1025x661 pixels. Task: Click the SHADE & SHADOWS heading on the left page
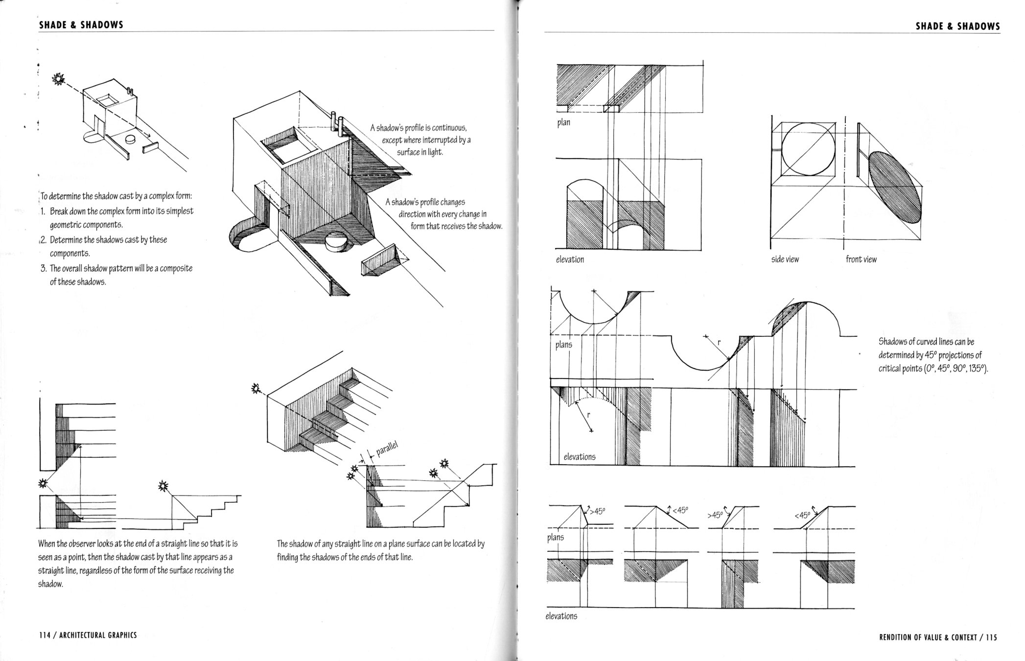tap(81, 25)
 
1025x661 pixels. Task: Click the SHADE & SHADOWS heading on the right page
tap(957, 26)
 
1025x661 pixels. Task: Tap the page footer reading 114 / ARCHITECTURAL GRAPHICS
tap(88, 635)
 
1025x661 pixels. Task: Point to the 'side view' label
tap(785, 260)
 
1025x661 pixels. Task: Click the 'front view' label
tap(861, 260)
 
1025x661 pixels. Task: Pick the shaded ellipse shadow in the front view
tap(894, 187)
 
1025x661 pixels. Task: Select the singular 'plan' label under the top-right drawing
tap(563, 122)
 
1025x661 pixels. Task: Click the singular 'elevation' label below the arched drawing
tap(570, 260)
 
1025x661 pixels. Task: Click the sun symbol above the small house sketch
tap(59, 78)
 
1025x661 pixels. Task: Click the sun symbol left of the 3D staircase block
tap(255, 389)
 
